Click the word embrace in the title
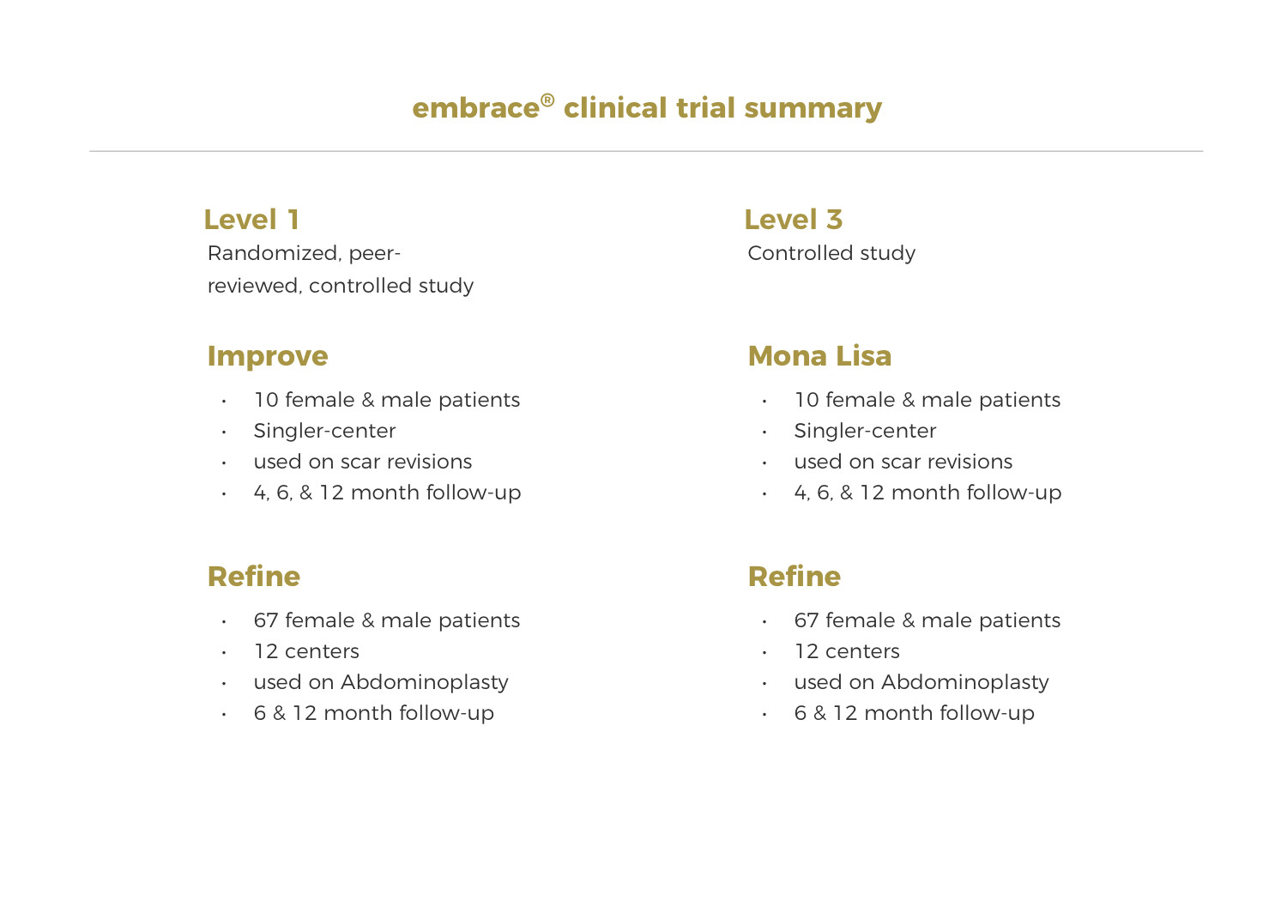(475, 108)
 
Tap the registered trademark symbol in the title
(547, 100)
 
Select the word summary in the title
(813, 109)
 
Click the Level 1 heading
(251, 220)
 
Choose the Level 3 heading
(793, 220)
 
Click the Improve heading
(268, 356)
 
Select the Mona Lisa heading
(819, 356)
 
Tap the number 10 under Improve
(266, 400)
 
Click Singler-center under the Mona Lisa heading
(865, 431)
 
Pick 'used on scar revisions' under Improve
(362, 462)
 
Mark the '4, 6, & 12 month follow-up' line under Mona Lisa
(927, 493)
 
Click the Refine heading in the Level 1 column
(254, 577)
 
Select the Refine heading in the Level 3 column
(795, 577)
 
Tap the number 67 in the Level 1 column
(266, 620)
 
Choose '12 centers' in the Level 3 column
(847, 651)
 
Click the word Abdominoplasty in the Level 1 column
(424, 682)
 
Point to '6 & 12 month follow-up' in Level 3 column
(914, 713)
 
